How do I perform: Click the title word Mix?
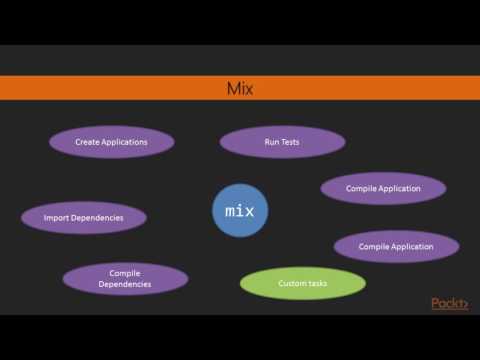240,89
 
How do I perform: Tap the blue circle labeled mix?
240,211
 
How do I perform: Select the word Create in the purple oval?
89,142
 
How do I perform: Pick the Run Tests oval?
281,142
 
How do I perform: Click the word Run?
271,142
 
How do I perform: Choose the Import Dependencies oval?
84,217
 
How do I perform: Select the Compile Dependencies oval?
124,279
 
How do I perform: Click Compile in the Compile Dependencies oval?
124,272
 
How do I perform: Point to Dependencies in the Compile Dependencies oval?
124,285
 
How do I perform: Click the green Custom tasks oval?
302,284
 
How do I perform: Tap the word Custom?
293,284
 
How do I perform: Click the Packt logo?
449,304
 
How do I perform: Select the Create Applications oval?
111,142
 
